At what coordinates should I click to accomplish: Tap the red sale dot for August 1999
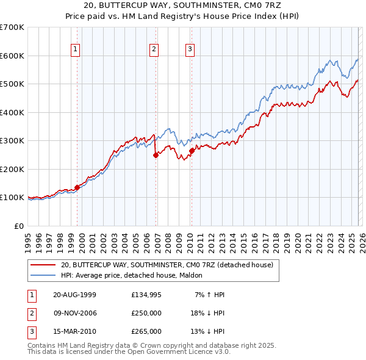click(x=77, y=187)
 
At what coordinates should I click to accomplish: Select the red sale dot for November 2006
click(x=156, y=155)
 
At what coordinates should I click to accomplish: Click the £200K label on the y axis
click(x=12, y=169)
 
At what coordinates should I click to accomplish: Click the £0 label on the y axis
click(x=18, y=226)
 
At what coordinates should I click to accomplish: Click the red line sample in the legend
click(x=43, y=265)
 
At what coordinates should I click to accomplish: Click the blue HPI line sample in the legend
click(x=43, y=276)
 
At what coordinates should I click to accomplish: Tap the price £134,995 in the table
click(x=146, y=295)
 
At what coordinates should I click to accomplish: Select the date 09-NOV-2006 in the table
click(x=75, y=313)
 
